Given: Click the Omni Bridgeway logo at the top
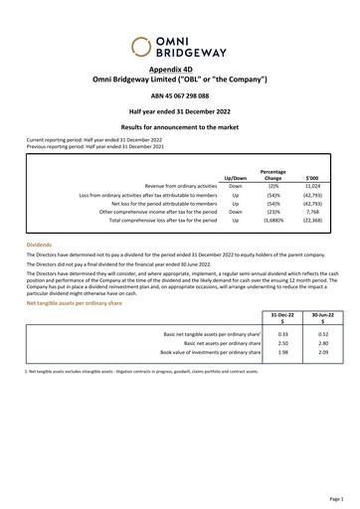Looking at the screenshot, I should coord(179,46).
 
